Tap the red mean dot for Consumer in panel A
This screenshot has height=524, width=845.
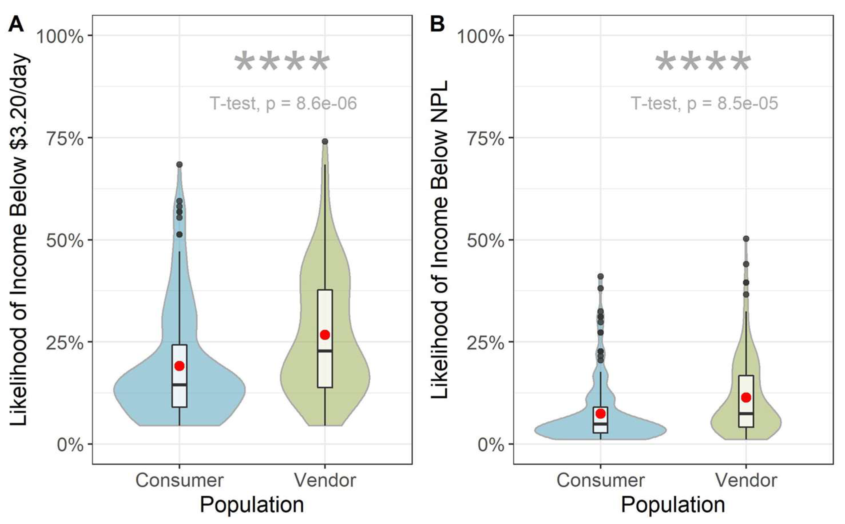click(179, 366)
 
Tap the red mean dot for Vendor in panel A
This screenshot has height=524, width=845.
click(325, 335)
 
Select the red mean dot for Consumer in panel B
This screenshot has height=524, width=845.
click(600, 413)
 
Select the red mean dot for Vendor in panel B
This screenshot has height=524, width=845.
click(746, 397)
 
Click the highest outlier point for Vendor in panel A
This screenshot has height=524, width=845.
click(325, 141)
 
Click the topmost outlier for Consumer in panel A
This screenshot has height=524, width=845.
click(179, 165)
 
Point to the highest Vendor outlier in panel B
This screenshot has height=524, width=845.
click(746, 239)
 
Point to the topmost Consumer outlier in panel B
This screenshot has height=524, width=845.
click(600, 277)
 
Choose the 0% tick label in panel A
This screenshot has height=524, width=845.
click(70, 445)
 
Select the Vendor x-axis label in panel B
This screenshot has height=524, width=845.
click(746, 480)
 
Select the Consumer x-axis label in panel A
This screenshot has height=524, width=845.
click(179, 480)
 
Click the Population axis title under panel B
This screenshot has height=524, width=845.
click(673, 505)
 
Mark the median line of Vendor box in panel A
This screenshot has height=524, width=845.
click(325, 351)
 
